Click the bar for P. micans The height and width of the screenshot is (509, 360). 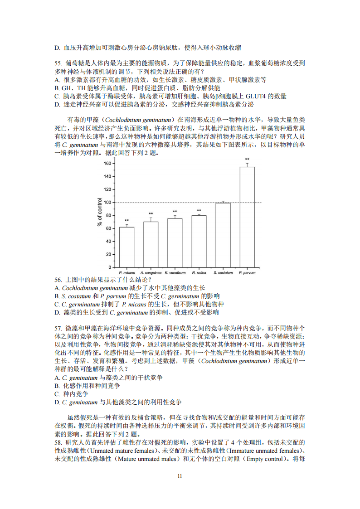click(126, 247)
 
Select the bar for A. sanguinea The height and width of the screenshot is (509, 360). click(151, 244)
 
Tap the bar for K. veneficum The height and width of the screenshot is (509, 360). click(175, 243)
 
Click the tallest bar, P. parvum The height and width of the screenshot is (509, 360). click(247, 217)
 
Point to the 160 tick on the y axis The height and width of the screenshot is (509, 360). click(107, 163)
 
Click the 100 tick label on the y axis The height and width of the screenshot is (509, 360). click(107, 202)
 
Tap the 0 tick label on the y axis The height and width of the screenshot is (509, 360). click(109, 267)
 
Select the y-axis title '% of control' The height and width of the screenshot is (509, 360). click(100, 212)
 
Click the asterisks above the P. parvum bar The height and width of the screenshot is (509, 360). click(247, 160)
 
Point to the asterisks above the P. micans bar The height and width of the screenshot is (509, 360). click(126, 221)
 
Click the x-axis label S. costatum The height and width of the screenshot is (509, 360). click(223, 273)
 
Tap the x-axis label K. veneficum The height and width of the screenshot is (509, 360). click(175, 273)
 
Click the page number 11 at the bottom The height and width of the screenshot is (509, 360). click(180, 476)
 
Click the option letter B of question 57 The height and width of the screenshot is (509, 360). click(57, 386)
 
